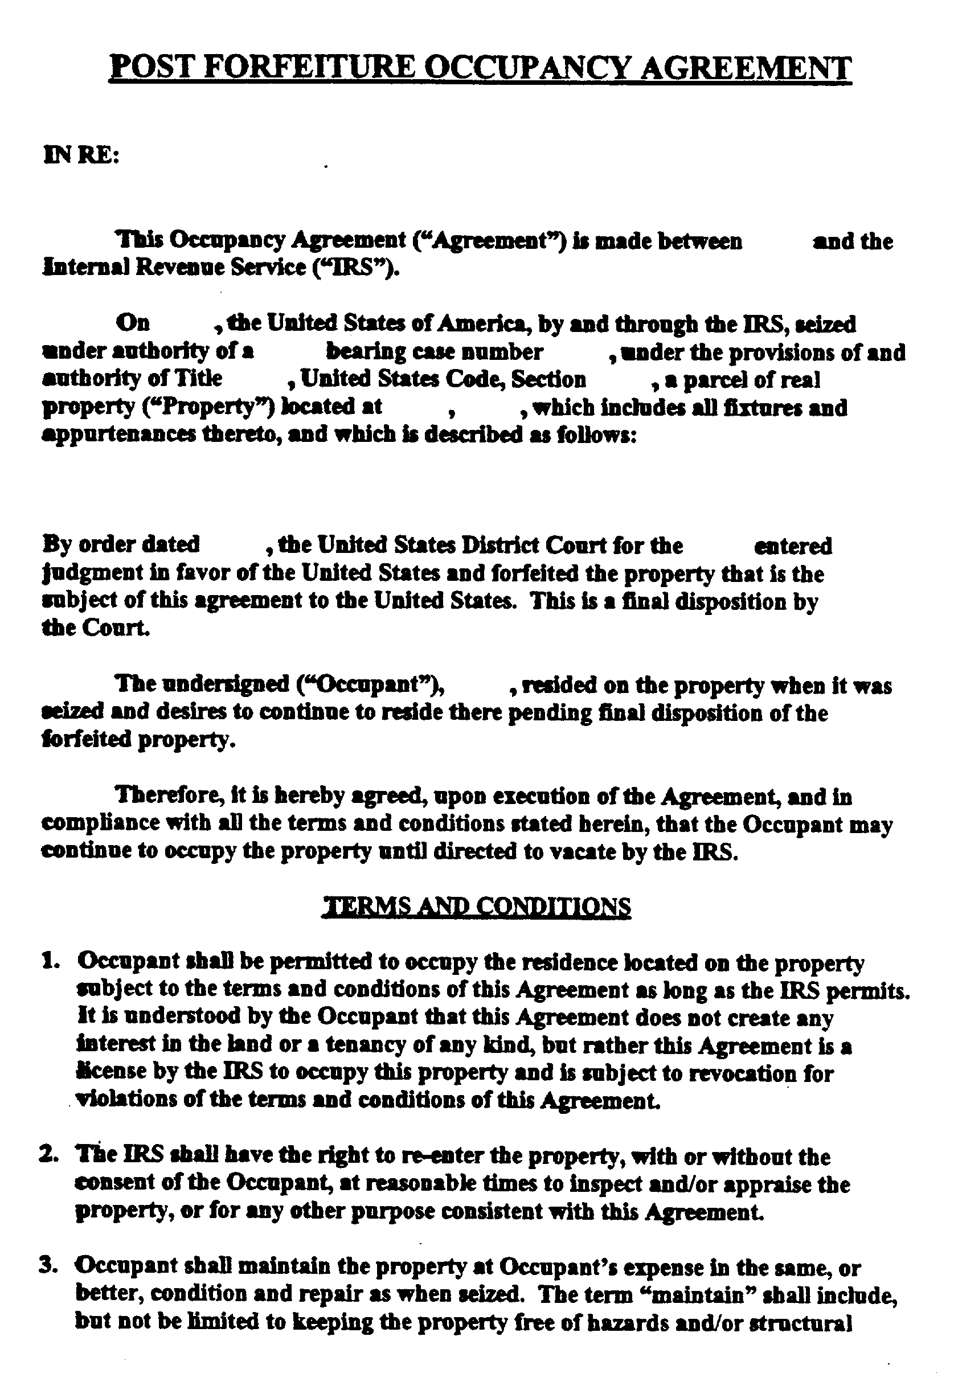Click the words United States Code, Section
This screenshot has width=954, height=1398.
443,379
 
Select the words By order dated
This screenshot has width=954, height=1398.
121,544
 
